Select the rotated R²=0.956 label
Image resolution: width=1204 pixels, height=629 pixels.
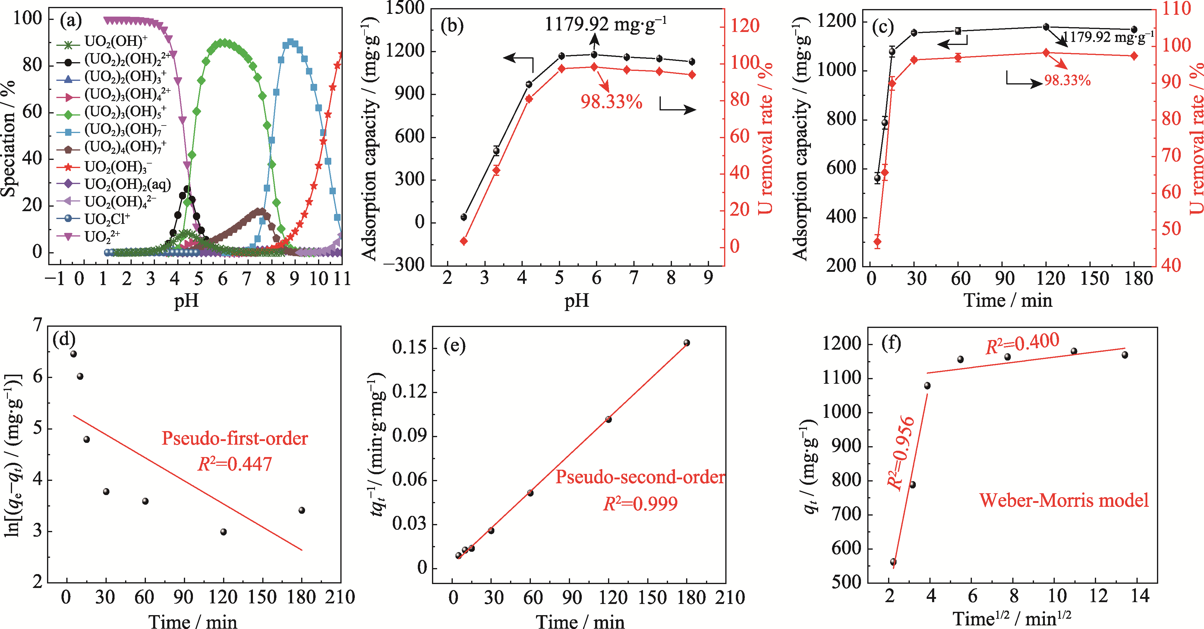pos(901,453)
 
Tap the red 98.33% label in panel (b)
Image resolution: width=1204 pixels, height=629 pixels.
pos(611,101)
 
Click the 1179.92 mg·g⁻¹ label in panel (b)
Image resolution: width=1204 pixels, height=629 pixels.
pos(606,24)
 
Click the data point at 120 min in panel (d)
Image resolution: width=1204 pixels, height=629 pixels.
pos(223,532)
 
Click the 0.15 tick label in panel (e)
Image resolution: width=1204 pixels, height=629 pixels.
pos(409,348)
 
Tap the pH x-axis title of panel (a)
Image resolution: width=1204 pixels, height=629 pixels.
pos(187,300)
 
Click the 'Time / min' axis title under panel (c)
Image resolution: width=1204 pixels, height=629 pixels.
pos(1008,300)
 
